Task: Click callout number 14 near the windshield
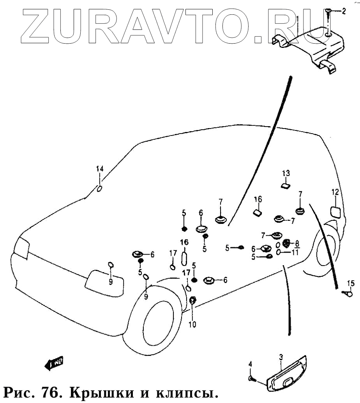coord(100,169)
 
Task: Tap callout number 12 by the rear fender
coord(335,192)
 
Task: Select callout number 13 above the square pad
coord(286,173)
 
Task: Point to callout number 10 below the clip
coord(193,324)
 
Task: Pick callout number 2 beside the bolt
coord(343,11)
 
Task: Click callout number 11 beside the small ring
coord(295,252)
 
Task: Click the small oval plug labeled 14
coord(99,189)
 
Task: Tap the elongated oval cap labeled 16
coord(185,258)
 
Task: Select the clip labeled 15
coord(347,294)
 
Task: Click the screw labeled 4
coord(252,378)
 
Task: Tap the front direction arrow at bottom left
coord(53,363)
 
